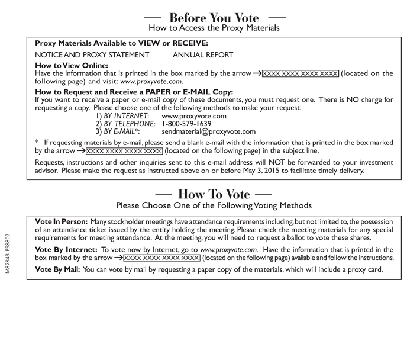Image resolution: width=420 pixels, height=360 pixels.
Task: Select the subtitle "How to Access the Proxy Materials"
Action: pyautogui.click(x=214, y=28)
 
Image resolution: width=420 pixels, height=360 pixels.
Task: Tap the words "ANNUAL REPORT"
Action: pyautogui.click(x=203, y=55)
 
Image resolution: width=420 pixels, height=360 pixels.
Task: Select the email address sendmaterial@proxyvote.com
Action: pyautogui.click(x=208, y=131)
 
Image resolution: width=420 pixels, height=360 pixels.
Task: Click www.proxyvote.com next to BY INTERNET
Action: pyautogui.click(x=193, y=116)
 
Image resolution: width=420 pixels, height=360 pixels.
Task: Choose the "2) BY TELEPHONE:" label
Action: pyautogui.click(x=124, y=124)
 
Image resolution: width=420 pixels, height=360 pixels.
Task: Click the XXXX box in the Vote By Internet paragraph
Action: pyautogui.click(x=161, y=259)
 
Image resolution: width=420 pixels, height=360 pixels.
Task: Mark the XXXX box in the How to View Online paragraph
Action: pyautogui.click(x=301, y=73)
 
